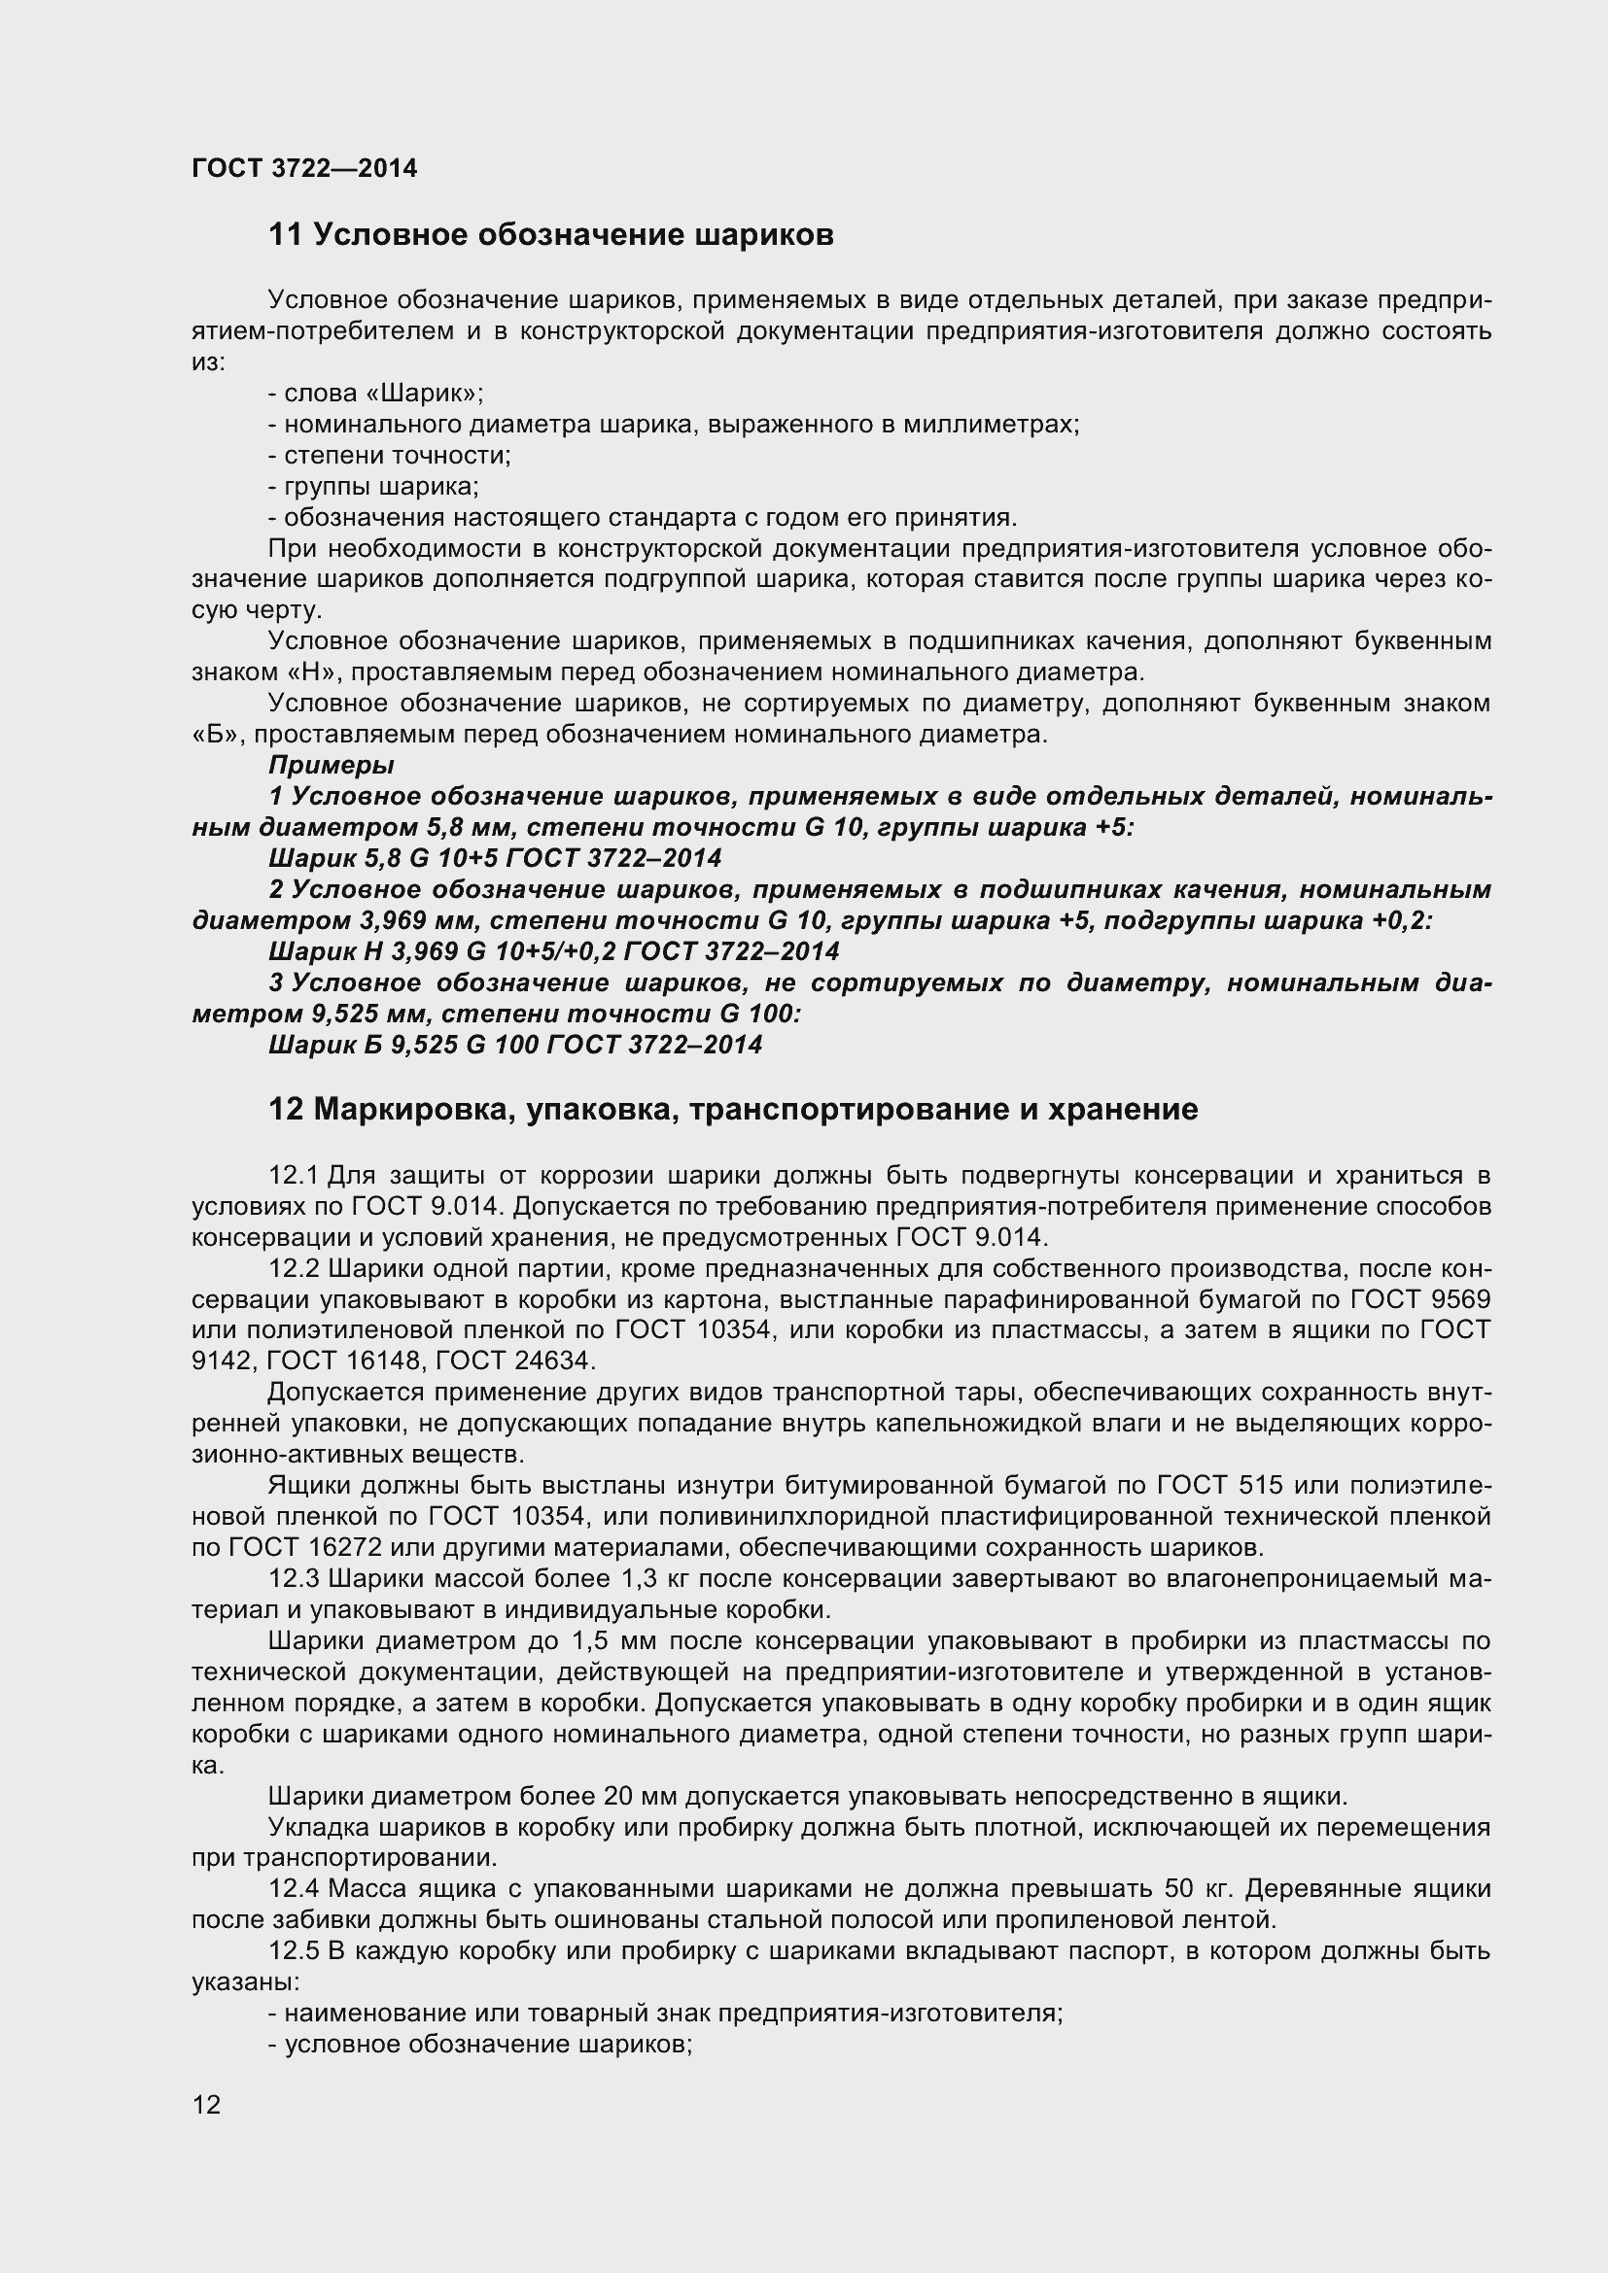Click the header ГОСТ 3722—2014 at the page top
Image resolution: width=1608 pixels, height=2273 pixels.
(x=304, y=168)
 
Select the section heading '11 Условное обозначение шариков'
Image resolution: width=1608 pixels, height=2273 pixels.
(x=550, y=235)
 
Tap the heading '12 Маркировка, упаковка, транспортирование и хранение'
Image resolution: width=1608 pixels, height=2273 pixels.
(x=733, y=1110)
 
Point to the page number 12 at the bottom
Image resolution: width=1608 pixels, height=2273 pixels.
(x=206, y=2131)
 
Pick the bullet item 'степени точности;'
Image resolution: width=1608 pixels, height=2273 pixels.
(x=397, y=456)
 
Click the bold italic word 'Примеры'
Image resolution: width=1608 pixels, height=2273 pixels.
(x=331, y=765)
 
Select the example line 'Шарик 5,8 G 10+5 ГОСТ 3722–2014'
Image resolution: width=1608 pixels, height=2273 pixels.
(x=495, y=857)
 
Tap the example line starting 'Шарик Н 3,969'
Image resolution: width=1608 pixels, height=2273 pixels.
(x=553, y=951)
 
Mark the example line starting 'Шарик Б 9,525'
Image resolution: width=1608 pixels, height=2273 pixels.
(x=515, y=1045)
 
